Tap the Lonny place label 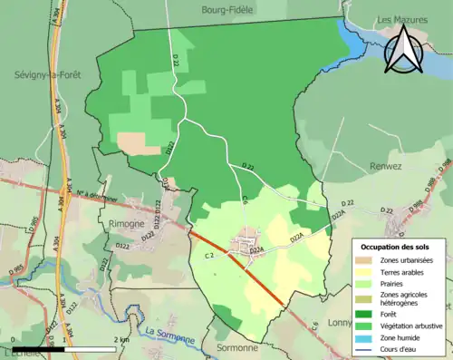click(339, 322)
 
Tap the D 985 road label click(16, 269)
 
